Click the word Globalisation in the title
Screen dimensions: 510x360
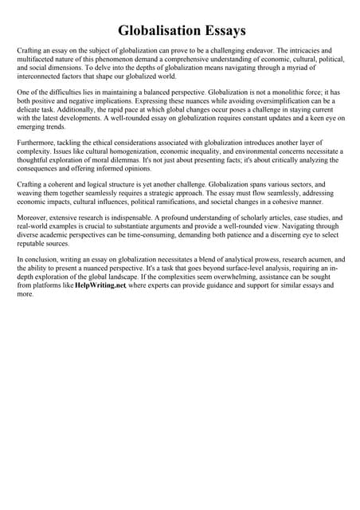pos(156,30)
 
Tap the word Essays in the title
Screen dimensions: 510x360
pos(221,30)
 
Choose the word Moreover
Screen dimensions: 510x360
pos(34,218)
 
